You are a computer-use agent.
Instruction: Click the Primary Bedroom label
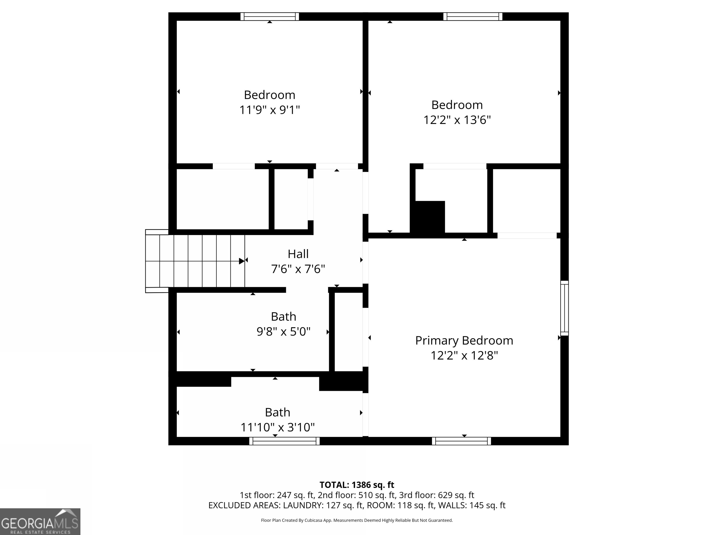[x=464, y=341]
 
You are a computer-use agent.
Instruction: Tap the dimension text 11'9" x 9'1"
[x=270, y=110]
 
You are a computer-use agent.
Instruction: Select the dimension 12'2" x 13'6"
[x=457, y=120]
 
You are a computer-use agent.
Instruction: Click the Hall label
[x=298, y=254]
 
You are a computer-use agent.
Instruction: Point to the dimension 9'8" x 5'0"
[x=283, y=332]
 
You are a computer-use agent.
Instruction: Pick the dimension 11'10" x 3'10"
[x=277, y=427]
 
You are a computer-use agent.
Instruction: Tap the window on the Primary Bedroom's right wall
[x=564, y=308]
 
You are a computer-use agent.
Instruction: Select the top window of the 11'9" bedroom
[x=270, y=16]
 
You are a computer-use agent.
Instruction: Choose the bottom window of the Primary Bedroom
[x=461, y=441]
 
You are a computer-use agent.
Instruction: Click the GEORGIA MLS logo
[x=40, y=522]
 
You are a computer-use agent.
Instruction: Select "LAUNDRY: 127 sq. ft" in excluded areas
[x=323, y=505]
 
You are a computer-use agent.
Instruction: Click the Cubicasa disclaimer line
[x=357, y=520]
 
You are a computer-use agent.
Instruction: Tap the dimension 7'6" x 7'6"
[x=298, y=269]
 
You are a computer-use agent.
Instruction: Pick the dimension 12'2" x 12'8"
[x=464, y=355]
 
